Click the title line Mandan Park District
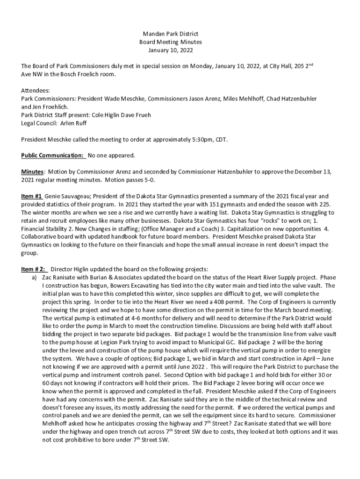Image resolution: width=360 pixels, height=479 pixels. [x=170, y=34]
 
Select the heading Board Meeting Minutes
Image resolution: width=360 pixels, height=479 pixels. [x=170, y=42]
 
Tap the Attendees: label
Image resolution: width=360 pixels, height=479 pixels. [x=36, y=90]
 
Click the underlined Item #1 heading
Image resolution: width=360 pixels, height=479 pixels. [x=32, y=196]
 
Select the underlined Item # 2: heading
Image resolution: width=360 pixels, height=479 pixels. [x=34, y=269]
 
